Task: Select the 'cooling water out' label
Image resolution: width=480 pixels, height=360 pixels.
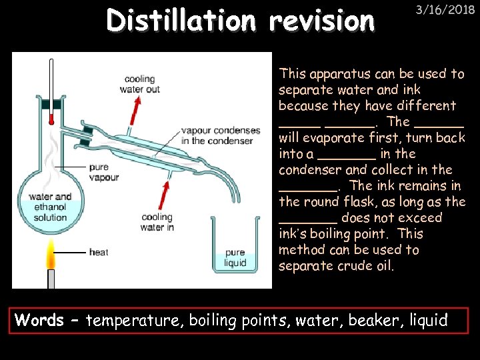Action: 139,84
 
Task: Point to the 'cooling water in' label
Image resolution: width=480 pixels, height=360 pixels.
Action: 157,222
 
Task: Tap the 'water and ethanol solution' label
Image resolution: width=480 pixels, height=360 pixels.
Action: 51,207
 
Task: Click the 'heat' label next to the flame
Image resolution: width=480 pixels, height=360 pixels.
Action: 99,253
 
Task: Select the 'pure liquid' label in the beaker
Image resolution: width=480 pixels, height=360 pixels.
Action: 235,258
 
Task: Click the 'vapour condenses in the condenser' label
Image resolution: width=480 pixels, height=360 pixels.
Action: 217,136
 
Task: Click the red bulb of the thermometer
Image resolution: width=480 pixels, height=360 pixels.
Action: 51,121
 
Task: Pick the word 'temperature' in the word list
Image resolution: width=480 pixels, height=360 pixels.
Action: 134,321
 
